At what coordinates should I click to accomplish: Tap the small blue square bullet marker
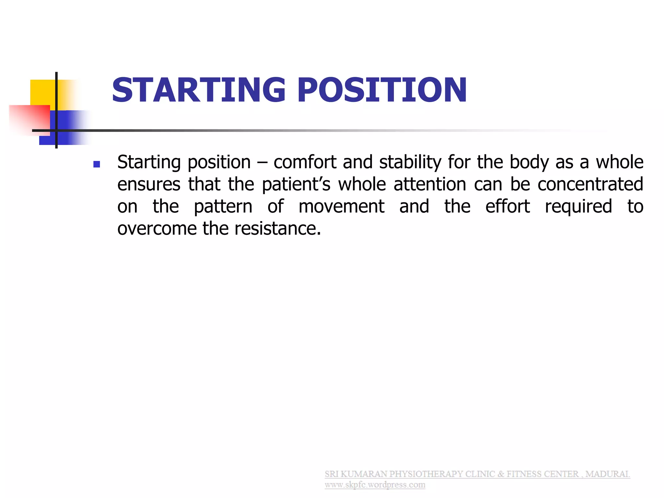97,164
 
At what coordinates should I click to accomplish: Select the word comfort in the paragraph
305,162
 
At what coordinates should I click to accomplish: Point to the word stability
410,162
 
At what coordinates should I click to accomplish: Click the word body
529,162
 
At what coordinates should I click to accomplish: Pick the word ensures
148,184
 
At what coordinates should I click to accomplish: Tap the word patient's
296,184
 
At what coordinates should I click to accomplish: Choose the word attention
430,184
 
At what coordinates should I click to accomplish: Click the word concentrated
590,184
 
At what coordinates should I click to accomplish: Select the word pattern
223,207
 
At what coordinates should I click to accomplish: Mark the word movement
341,207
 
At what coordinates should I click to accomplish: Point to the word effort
507,207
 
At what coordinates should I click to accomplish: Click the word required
578,207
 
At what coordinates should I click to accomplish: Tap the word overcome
157,229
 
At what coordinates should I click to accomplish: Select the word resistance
278,229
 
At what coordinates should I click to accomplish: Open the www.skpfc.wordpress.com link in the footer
375,485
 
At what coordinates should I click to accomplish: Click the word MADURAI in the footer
607,474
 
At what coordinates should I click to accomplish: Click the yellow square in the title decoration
42,92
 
